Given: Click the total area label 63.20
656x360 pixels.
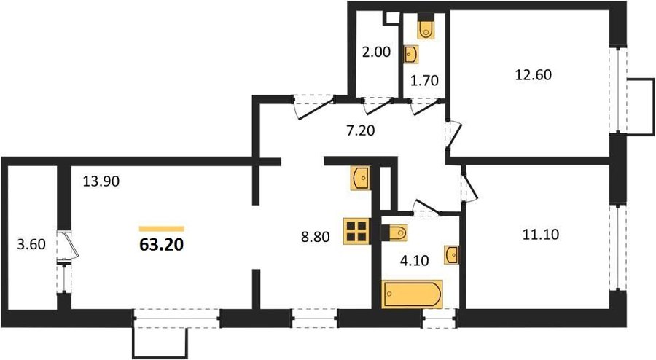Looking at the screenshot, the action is pos(162,245).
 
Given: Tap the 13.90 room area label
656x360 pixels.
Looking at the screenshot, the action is pos(101,181).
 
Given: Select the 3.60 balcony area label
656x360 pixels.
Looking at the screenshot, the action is pos(31,243).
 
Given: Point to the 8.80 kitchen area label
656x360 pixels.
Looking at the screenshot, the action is pos(316,237).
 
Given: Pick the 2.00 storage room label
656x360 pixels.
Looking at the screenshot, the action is pos(377,52).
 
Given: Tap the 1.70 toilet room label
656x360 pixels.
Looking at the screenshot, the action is pos(425,80).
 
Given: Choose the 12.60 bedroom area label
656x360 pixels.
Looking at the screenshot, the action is pos(533,75).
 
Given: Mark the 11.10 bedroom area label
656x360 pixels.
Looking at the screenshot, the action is pos(541,235).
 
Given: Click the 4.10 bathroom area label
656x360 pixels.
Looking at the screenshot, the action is pos(414,261).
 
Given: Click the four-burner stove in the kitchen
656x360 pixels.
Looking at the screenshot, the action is pos(357,231).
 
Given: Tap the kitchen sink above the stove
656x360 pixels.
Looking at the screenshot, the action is pos(361,178).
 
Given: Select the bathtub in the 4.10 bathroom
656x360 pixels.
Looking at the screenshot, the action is pos(412,294).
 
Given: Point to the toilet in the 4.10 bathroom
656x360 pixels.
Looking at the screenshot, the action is pos(394,233).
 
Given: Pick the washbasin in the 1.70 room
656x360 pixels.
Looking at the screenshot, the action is pos(411,55).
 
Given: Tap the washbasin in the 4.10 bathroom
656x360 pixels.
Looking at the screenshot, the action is pos(451,254).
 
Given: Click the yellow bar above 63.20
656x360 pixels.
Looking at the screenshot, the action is pos(162,229).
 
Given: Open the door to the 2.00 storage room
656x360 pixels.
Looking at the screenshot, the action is pos(378,106).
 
